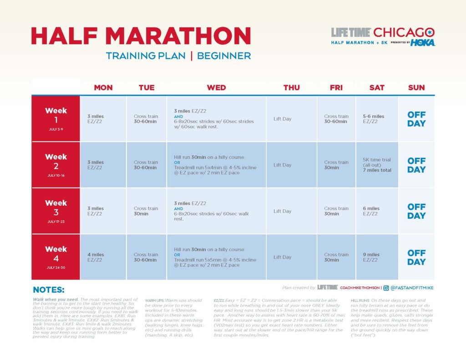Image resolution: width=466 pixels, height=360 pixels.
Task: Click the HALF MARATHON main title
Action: [141, 36]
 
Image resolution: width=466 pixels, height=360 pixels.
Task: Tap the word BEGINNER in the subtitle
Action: [224, 56]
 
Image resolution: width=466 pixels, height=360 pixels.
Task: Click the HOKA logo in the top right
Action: [423, 43]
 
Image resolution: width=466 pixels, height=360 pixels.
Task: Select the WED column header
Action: [216, 88]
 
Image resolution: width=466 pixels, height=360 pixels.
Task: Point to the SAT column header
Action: [377, 88]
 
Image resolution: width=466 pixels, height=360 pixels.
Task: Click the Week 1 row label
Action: [56, 115]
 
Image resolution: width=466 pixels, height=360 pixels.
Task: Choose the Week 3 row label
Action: [56, 208]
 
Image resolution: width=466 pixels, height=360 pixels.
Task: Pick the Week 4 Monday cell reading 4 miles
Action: [96, 257]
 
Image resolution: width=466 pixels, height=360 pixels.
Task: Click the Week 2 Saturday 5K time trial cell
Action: [377, 165]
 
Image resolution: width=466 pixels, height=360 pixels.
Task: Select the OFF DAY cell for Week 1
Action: [416, 119]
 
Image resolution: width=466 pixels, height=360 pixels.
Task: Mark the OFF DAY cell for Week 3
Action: [416, 211]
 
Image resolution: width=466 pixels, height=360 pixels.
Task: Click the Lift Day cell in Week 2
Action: [282, 165]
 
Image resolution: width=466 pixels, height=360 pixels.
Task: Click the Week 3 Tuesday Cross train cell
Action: [146, 211]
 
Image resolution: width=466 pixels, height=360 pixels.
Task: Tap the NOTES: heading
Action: [49, 290]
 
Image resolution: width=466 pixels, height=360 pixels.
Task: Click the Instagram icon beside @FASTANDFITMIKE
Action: [386, 288]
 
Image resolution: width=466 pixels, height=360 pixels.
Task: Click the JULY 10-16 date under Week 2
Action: [56, 175]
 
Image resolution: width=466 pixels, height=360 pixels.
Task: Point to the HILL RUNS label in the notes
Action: [361, 300]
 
